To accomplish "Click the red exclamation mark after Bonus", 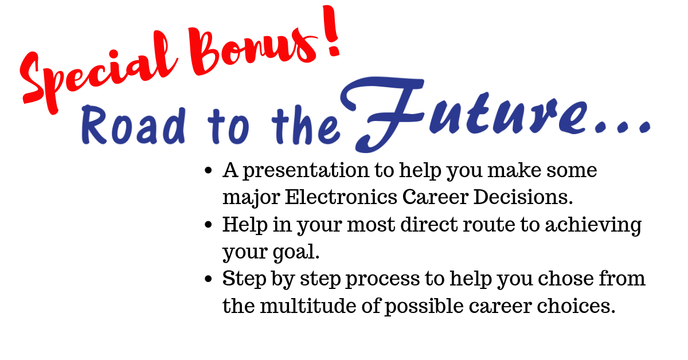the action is pyautogui.click(x=331, y=31).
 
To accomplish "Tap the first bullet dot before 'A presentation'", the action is pyautogui.click(x=208, y=170).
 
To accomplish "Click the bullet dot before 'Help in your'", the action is pyautogui.click(x=208, y=225).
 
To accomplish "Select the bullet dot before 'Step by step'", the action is pyautogui.click(x=208, y=279).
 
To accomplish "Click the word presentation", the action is pyautogui.click(x=306, y=171).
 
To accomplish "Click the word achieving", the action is pyautogui.click(x=593, y=225).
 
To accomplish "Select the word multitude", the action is pyautogui.click(x=308, y=306).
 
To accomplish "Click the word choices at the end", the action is pyautogui.click(x=576, y=306).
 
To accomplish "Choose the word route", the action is pyautogui.click(x=489, y=225).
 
